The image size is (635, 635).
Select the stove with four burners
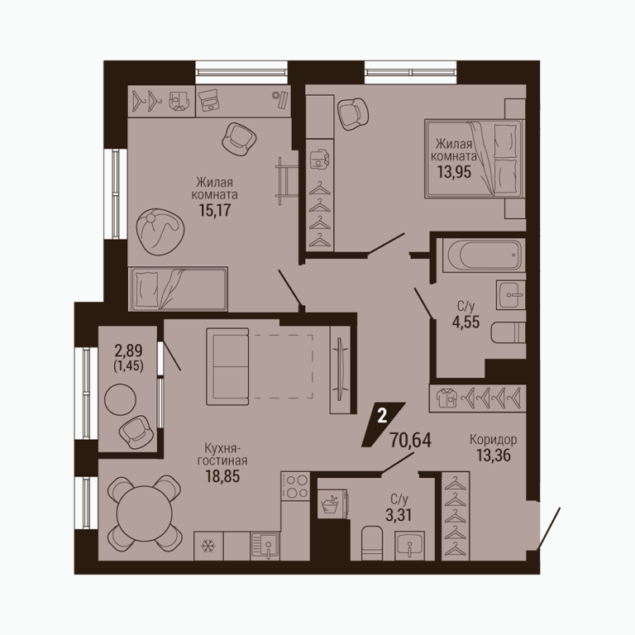coord(295,486)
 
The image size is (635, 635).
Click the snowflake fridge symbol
coord(208,547)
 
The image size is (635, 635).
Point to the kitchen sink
coord(265,547)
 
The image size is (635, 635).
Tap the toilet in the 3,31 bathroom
coord(372,543)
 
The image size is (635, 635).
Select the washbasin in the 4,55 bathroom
coord(511,295)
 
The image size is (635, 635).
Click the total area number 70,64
coord(410,440)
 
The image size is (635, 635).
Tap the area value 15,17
coord(214,210)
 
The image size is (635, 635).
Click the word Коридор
coord(494,439)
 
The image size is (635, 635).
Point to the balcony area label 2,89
coord(128,350)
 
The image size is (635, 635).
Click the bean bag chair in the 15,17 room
coord(160,232)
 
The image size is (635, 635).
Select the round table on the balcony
coord(120,399)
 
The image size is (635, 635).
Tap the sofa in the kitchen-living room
coord(227,366)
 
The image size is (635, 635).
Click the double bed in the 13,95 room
coord(475,159)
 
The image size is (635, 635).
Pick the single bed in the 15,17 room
coord(179,289)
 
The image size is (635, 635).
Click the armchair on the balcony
coord(136,432)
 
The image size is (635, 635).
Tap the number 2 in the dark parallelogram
coord(382,417)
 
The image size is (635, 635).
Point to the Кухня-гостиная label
coord(222,455)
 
